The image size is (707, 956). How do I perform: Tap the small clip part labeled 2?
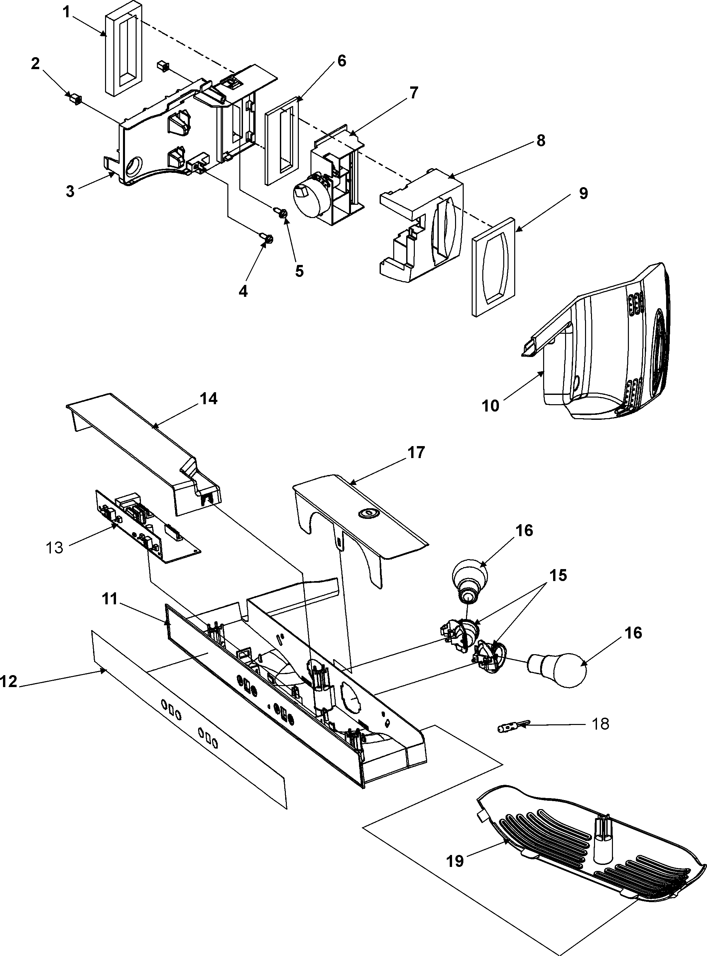[x=75, y=99]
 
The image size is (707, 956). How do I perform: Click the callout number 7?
[x=413, y=93]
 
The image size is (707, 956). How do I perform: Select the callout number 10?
[x=491, y=405]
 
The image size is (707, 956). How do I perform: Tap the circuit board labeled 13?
[x=146, y=526]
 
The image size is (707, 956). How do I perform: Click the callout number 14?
[x=208, y=399]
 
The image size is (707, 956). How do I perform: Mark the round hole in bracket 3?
[x=135, y=165]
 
